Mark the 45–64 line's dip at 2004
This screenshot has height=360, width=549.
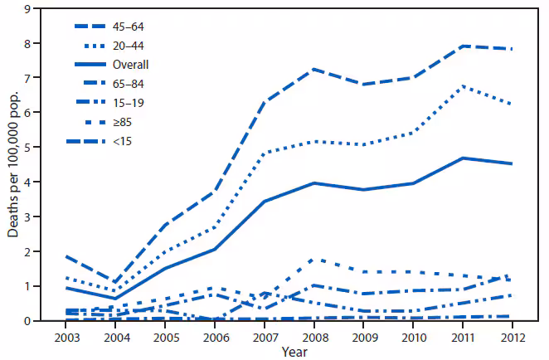tap(115, 282)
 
